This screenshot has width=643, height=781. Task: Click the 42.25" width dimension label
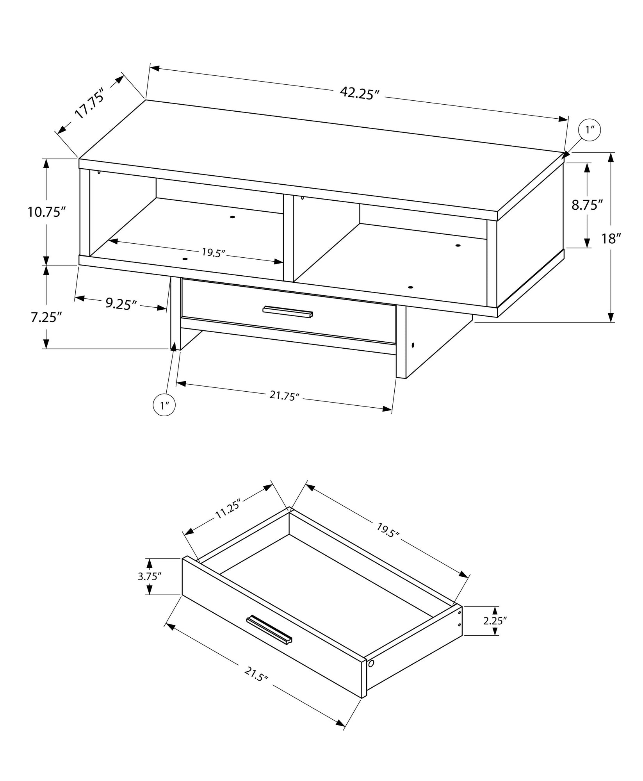tap(360, 93)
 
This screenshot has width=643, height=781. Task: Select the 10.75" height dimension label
tap(46, 212)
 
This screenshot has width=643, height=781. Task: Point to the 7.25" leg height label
tap(46, 317)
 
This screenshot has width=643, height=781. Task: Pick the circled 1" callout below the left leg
tap(164, 405)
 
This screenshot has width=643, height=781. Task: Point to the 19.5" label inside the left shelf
tap(214, 252)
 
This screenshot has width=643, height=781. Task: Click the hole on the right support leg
tap(413, 346)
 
